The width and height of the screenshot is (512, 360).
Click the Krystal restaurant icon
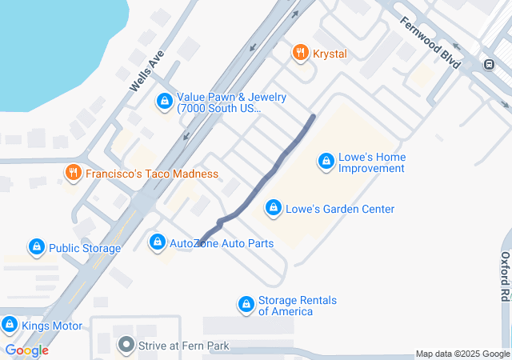point(301,53)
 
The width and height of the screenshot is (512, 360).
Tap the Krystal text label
point(330,53)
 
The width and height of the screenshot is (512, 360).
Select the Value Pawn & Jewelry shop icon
point(164,101)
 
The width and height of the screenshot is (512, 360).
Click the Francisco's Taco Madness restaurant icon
point(72,173)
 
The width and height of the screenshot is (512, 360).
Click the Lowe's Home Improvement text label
point(371,162)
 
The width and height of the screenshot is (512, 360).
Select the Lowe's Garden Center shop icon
point(274,209)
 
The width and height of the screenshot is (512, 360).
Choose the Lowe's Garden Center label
point(340,210)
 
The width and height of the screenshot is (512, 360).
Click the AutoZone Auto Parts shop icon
point(157,242)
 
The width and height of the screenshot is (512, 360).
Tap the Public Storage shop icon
point(36,248)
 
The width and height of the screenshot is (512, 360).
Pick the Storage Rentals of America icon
point(246,305)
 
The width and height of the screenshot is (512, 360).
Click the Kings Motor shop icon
point(10,326)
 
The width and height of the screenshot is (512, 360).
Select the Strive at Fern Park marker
point(126,346)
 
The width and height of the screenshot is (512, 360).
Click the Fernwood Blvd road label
point(430,42)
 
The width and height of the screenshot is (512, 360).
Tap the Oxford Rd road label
point(505,275)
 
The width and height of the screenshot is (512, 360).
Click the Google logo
point(26,350)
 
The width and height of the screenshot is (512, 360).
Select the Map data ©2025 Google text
point(462,354)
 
